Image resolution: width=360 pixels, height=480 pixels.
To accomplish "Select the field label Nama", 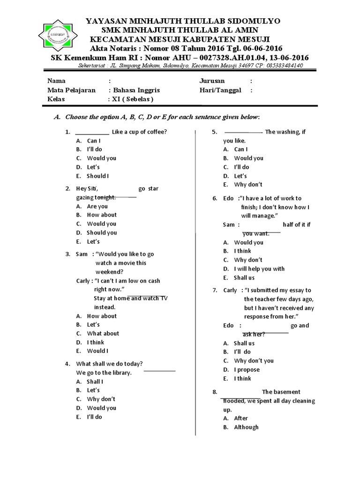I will (x=56, y=81).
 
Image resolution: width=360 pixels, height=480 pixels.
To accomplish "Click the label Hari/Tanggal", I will (x=220, y=90).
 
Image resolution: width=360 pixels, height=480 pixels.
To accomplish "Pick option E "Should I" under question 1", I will (x=97, y=176).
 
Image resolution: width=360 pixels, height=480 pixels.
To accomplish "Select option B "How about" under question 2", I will (x=102, y=215).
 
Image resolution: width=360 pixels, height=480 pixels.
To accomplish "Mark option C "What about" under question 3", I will (x=103, y=333).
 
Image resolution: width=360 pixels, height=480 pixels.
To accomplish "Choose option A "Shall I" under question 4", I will (x=95, y=381).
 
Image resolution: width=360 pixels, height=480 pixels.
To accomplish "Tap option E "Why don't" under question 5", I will (x=248, y=184).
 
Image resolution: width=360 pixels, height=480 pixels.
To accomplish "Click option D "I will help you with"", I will (x=259, y=269).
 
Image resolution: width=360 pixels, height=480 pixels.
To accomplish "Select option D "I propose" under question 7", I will (x=247, y=369).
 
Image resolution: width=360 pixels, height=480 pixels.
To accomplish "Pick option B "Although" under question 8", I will (x=246, y=427).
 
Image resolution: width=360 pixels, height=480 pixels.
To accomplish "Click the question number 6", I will (x=215, y=198).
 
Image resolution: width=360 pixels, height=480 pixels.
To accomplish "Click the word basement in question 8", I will (x=288, y=392).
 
